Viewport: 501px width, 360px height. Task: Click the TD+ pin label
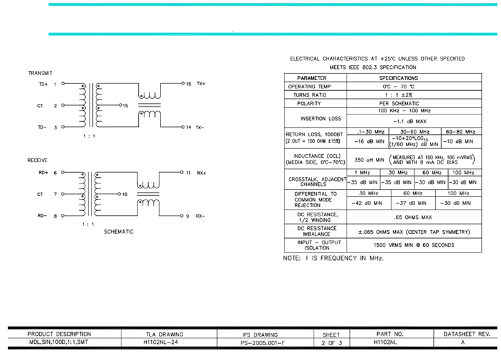(x=43, y=85)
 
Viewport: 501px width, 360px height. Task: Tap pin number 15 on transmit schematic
(x=125, y=106)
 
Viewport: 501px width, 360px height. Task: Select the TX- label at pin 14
(x=200, y=127)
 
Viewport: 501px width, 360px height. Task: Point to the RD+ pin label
(x=43, y=173)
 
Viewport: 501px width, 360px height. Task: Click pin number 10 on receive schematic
(x=124, y=194)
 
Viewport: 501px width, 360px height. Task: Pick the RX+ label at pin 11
(x=202, y=173)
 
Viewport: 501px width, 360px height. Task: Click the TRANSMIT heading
(x=40, y=73)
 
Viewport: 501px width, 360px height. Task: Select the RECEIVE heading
(x=37, y=160)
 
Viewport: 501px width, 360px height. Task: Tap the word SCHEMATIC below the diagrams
(x=118, y=232)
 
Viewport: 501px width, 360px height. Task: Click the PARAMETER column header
(x=312, y=78)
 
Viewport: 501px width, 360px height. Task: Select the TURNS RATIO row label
(x=310, y=95)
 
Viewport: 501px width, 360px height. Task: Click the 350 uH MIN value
(x=369, y=160)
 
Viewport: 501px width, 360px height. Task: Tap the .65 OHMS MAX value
(x=413, y=218)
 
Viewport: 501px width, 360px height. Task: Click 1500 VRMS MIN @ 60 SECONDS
(x=414, y=245)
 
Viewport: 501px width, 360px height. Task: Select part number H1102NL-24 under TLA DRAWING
(x=161, y=342)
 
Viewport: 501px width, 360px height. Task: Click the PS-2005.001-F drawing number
(x=263, y=343)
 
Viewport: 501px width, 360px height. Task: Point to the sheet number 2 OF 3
(x=332, y=343)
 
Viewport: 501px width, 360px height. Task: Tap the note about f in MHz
(x=333, y=258)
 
